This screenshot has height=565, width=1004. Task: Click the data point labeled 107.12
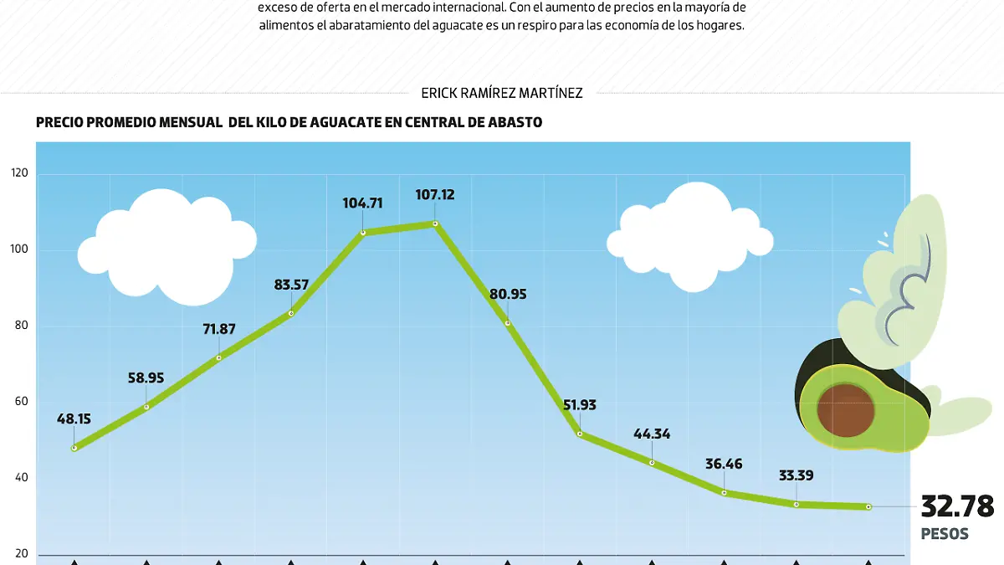click(435, 223)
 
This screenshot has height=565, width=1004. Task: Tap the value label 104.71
click(362, 203)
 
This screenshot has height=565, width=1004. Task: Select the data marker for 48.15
click(74, 448)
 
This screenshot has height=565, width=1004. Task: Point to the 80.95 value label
click(509, 295)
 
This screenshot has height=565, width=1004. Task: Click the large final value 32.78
click(957, 506)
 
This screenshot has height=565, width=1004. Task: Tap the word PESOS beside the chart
click(945, 534)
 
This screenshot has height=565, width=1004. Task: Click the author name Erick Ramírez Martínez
click(502, 93)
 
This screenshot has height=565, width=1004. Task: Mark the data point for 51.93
click(580, 434)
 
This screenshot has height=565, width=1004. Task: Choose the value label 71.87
click(219, 329)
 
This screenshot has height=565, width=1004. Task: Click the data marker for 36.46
click(724, 492)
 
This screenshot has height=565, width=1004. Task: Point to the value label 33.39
click(796, 476)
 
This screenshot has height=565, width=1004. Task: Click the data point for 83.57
click(291, 313)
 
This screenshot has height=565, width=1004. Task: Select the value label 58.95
click(146, 378)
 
